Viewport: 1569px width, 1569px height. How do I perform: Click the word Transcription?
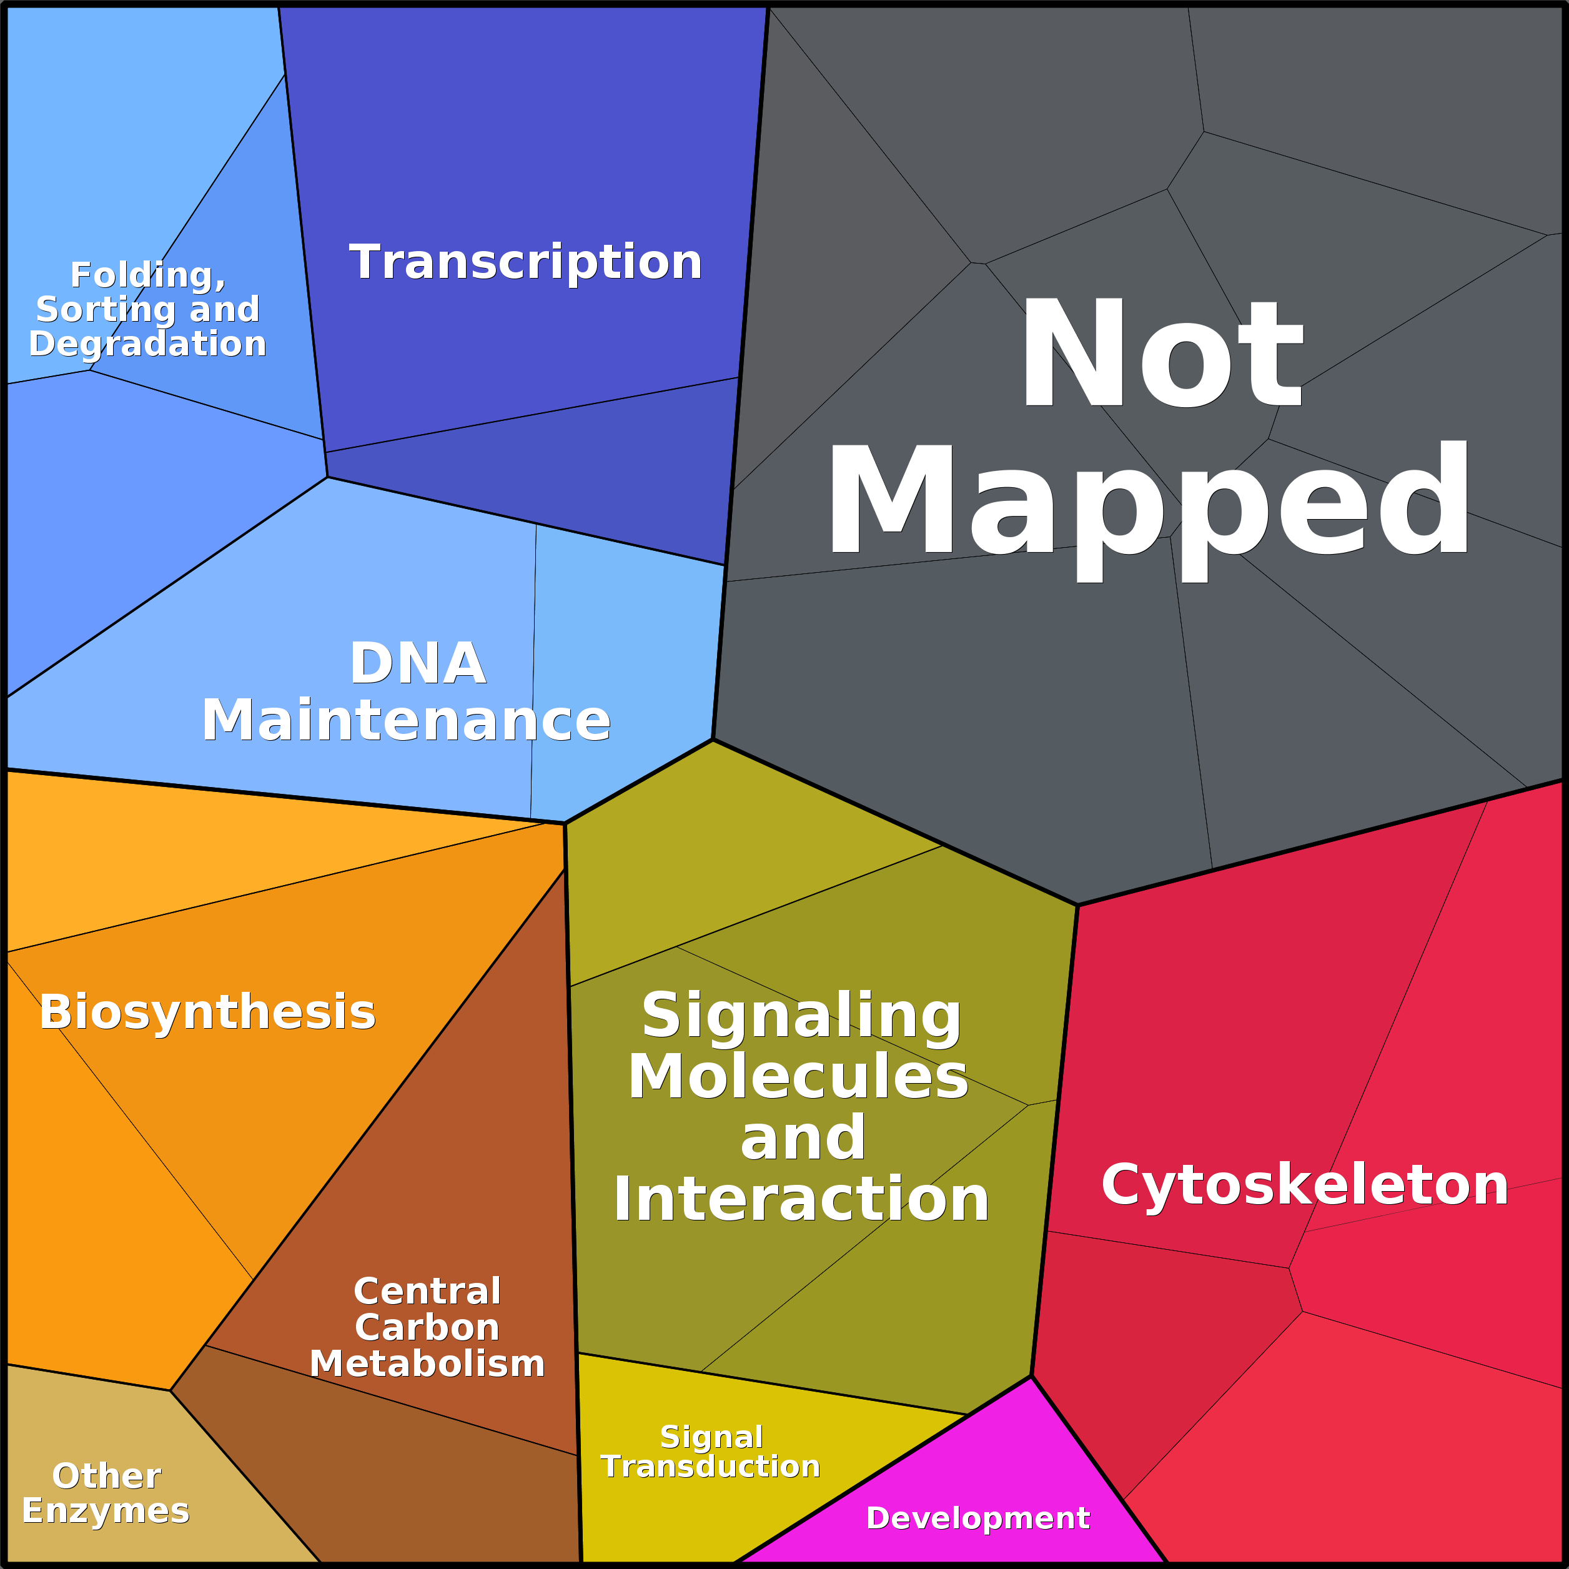(x=525, y=262)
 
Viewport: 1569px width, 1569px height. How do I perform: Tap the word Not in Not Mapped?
(x=1161, y=354)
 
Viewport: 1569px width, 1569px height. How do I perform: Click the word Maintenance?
(x=406, y=720)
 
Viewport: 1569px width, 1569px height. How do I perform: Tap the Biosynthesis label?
(x=207, y=1012)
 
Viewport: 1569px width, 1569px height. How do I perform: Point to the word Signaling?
(x=801, y=1015)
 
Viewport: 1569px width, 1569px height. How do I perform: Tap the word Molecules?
(x=798, y=1077)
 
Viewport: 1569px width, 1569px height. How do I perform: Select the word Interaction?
(x=801, y=1199)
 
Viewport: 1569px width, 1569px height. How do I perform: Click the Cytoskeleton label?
(x=1305, y=1185)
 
